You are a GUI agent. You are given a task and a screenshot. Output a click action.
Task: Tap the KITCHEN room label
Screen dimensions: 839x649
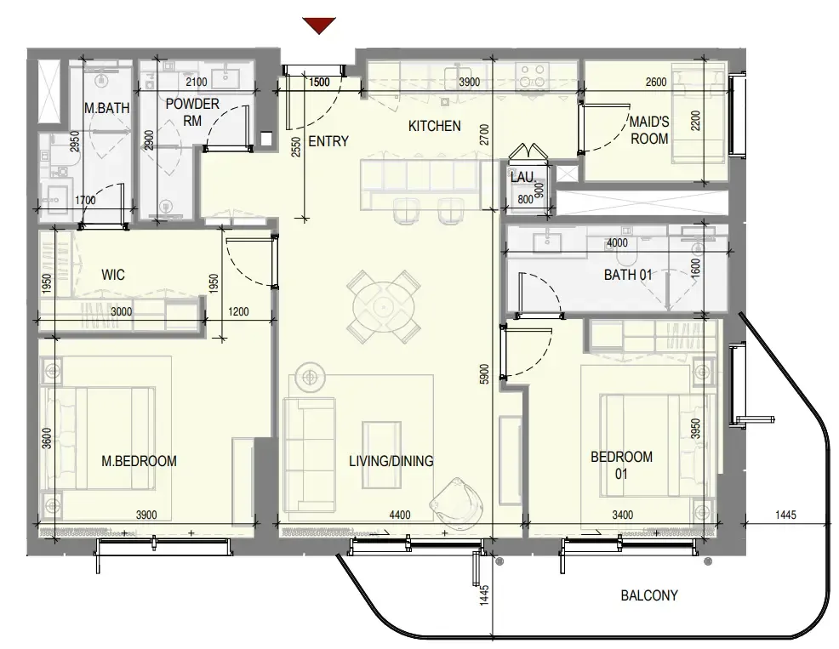click(x=435, y=126)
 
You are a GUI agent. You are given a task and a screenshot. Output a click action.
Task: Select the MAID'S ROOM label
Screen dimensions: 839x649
click(x=649, y=130)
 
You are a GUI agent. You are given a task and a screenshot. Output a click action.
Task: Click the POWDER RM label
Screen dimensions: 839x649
click(x=192, y=111)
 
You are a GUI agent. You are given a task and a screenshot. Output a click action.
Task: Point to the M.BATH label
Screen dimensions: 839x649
click(x=107, y=108)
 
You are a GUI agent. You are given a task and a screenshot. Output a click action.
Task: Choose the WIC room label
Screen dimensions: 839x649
click(x=113, y=275)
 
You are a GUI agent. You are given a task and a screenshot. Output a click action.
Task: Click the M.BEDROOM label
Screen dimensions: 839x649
click(x=139, y=461)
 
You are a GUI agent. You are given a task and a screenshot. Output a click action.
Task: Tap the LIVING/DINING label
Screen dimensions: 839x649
click(x=391, y=461)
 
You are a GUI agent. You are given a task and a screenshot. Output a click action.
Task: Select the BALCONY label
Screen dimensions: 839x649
click(x=649, y=595)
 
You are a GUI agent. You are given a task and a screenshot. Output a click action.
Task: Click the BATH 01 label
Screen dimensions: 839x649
click(x=628, y=275)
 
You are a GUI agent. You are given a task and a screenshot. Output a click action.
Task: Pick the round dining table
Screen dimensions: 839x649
click(x=384, y=307)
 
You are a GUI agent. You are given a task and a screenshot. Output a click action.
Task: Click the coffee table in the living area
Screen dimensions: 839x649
click(x=381, y=455)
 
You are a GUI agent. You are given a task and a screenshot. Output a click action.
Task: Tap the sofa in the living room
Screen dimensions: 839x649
click(x=309, y=455)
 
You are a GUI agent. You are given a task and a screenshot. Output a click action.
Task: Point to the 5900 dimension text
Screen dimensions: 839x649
click(x=484, y=374)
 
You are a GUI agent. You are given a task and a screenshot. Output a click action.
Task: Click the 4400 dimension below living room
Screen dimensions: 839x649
click(x=400, y=515)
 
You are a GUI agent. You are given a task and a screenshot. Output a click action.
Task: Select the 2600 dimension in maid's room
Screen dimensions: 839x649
click(x=656, y=82)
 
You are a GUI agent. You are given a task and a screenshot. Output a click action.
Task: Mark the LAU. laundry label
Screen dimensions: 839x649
click(x=522, y=177)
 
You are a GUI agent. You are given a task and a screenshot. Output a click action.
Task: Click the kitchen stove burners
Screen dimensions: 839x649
click(x=533, y=76)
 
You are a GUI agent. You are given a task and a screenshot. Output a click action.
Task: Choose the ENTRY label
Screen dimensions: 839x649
click(x=328, y=141)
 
